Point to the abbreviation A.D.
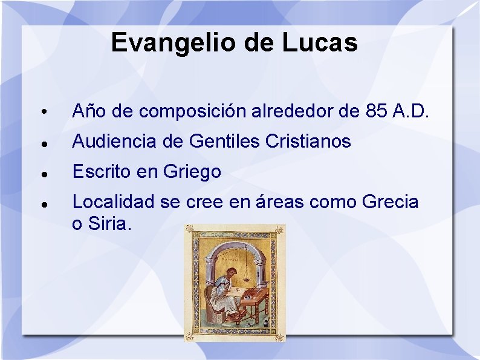pyautogui.click(x=411, y=111)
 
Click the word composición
pyautogui.click(x=192, y=111)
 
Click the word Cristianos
pyautogui.click(x=308, y=142)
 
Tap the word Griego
pyautogui.click(x=192, y=172)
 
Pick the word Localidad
pyautogui.click(x=114, y=202)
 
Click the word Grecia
pyautogui.click(x=390, y=202)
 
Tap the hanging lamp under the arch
pyautogui.click(x=249, y=266)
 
